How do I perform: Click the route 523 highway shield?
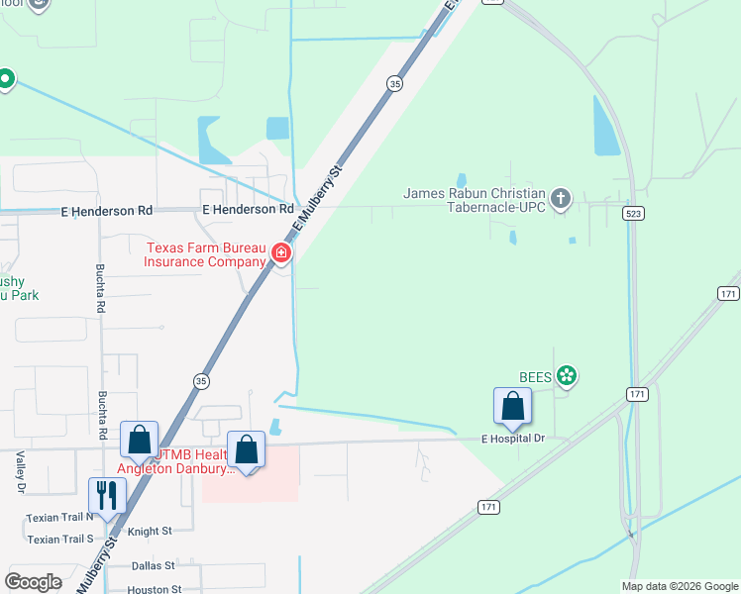pyautogui.click(x=632, y=213)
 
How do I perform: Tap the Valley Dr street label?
pyautogui.click(x=20, y=472)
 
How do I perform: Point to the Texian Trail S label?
pyautogui.click(x=60, y=540)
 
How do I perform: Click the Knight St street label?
pyautogui.click(x=149, y=532)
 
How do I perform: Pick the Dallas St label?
pyautogui.click(x=153, y=565)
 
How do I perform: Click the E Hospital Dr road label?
pyautogui.click(x=513, y=438)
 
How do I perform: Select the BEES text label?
pyautogui.click(x=536, y=376)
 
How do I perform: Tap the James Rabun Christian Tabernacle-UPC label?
pyautogui.click(x=475, y=200)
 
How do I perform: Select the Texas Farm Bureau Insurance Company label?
pyautogui.click(x=206, y=254)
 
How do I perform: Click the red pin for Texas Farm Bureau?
pyautogui.click(x=282, y=254)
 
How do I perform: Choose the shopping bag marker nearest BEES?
pyautogui.click(x=512, y=406)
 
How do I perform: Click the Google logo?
pyautogui.click(x=33, y=581)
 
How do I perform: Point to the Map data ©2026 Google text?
pyautogui.click(x=679, y=586)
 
